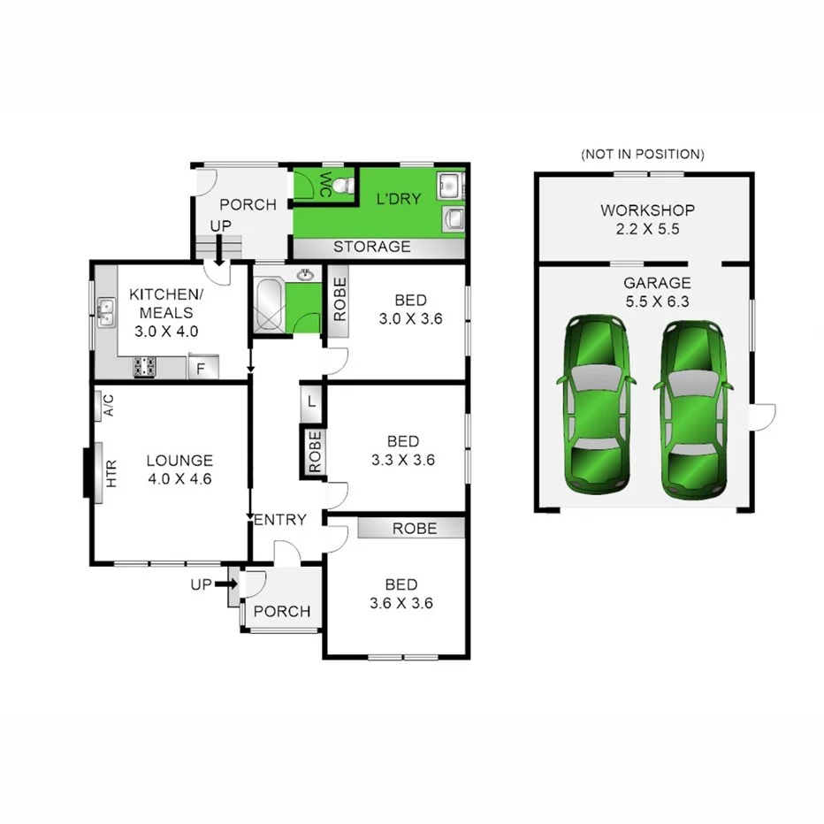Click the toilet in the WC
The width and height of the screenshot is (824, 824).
point(344,186)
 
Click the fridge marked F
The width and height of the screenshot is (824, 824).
point(202,368)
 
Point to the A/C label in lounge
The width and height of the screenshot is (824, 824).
point(109,406)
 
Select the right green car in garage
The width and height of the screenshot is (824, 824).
point(693,408)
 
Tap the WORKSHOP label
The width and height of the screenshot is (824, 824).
point(647,210)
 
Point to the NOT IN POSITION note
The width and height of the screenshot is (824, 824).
point(642,155)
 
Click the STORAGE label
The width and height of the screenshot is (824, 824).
point(371,247)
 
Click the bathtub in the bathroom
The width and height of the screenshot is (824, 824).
point(270,306)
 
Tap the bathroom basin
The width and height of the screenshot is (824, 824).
point(306,275)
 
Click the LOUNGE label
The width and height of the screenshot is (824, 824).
point(179,461)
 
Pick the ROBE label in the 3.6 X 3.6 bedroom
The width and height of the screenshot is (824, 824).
point(415,528)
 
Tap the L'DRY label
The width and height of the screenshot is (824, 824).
point(399,199)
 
